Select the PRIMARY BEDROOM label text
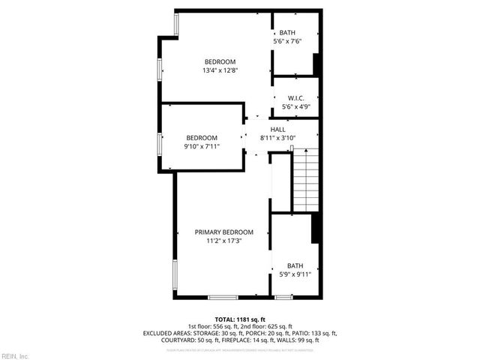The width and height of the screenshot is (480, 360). point(224,232)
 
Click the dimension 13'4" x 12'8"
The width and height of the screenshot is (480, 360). point(220,70)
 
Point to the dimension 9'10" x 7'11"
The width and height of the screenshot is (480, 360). point(202,146)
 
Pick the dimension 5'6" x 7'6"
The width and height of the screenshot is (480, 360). point(287,41)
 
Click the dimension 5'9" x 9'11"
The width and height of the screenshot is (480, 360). point(295,274)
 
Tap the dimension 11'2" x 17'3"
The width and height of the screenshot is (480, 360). point(223,241)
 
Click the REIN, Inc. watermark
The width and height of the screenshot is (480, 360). point(14,355)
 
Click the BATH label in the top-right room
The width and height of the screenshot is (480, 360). point(287,33)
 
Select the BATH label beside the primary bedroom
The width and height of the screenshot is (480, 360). point(295,265)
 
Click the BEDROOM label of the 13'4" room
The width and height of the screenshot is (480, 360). point(220,61)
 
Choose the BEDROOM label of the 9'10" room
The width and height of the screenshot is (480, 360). point(202,137)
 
